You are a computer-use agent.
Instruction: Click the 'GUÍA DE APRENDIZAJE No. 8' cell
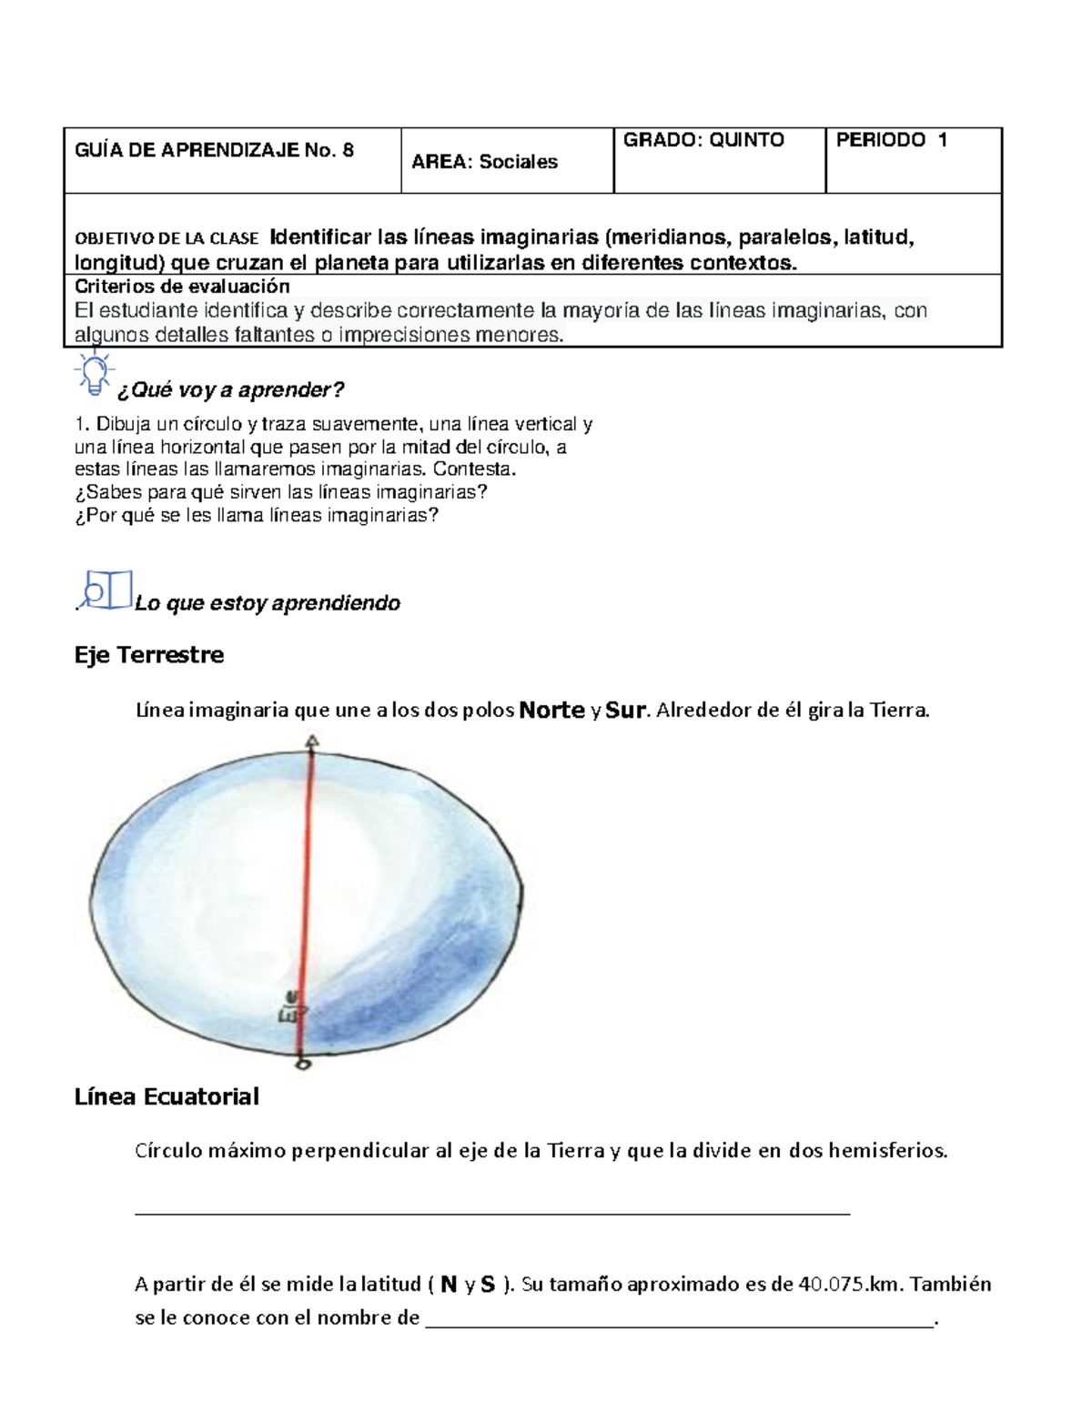pos(215,151)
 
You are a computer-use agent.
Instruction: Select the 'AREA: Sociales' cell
pos(485,162)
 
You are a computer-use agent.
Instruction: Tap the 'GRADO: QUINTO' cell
pos(703,140)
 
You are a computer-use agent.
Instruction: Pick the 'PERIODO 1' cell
pos(892,140)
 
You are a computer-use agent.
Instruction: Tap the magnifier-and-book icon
pos(106,590)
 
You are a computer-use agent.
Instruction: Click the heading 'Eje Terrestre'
pos(149,655)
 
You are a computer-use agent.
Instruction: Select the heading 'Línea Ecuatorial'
pos(167,1096)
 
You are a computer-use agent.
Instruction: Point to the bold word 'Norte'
pos(551,711)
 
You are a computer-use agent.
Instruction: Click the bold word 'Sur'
pos(625,711)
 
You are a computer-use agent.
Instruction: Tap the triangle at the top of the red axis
pos(312,742)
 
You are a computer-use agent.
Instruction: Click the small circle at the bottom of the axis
pos(304,1062)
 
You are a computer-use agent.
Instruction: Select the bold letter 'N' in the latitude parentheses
pos(448,1285)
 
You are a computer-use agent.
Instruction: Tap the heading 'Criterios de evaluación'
pos(182,288)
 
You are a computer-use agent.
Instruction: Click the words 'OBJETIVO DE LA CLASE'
pos(167,239)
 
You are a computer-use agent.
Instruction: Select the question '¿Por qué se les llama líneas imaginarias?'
pos(257,515)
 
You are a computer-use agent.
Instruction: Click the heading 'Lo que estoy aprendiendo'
pos(268,603)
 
